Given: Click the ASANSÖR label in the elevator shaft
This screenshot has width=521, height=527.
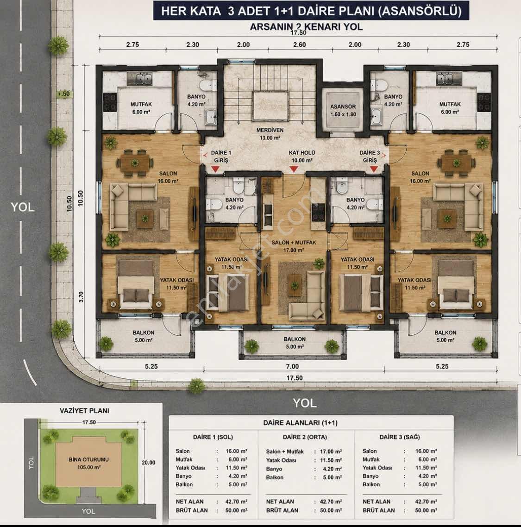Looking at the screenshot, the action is coord(343,107).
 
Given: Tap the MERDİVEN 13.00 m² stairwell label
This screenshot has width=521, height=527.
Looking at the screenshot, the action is coord(270,134).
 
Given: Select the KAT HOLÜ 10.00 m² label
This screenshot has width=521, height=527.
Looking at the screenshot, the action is coord(302,157).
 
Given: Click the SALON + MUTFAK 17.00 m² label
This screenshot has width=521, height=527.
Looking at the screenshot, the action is coord(294,246).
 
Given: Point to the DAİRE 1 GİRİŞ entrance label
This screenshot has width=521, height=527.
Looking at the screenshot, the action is coord(221,157).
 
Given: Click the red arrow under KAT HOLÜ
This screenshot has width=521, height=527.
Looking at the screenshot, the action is coord(294,169).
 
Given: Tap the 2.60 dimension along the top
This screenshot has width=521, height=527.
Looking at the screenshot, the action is coord(300,45).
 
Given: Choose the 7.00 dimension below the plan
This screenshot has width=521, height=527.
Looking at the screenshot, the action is coord(292,367).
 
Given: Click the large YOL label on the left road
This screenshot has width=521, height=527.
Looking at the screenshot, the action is coord(23,207).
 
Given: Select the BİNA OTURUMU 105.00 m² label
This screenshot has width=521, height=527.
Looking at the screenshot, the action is coord(88,463).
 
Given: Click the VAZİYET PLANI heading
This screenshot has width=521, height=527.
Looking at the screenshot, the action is coord(84,411).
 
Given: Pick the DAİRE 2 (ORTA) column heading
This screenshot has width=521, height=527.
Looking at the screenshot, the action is coord(305,437).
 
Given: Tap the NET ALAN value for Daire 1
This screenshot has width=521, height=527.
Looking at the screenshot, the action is coord(236,502).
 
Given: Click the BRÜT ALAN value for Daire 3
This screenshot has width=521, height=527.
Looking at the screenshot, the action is coord(426,510).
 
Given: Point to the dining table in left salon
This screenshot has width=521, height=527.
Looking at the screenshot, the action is coord(135,163).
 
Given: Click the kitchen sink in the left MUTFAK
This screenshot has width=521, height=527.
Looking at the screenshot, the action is coord(139,79).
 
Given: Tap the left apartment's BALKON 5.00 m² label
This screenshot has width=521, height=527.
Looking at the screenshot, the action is coord(144,336).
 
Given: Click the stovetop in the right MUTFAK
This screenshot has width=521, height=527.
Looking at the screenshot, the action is coord(484,102).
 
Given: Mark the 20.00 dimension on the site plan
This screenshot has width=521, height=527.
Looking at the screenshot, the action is coord(148,463).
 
